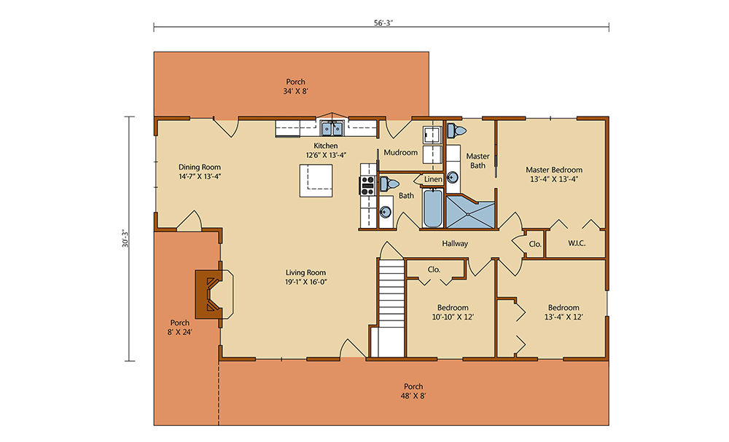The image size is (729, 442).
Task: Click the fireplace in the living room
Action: tap(208, 294)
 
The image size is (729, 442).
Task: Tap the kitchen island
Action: tap(316, 181)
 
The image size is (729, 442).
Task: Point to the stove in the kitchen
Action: tap(367, 185)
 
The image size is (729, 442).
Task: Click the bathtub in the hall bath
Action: tap(432, 208)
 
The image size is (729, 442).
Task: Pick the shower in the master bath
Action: tap(470, 212)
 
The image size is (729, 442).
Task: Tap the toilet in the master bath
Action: tap(456, 130)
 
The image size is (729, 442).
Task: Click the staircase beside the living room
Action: tap(391, 308)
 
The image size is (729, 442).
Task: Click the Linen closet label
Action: tap(433, 179)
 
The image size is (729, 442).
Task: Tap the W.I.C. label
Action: tap(577, 243)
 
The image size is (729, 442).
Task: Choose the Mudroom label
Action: tap(400, 152)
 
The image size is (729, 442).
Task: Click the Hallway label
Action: tap(455, 243)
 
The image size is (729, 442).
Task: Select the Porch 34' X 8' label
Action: tap(296, 87)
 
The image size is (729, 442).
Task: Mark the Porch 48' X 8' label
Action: tap(413, 391)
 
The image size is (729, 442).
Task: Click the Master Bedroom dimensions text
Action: tap(554, 179)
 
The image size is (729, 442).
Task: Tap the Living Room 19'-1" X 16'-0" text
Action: tap(306, 277)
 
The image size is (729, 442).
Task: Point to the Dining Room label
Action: tap(200, 167)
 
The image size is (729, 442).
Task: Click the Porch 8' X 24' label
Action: tap(180, 328)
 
